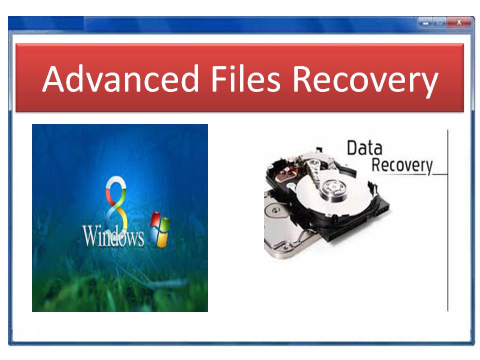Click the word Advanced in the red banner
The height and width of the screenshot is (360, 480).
point(120,78)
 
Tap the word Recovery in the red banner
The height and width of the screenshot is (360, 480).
point(365,81)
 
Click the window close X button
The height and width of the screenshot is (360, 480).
point(459,22)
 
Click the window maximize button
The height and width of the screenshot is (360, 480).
point(439,22)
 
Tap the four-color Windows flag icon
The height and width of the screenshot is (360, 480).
point(160,229)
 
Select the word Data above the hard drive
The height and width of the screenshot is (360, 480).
point(364,148)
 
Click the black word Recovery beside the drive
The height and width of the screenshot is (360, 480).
point(402,165)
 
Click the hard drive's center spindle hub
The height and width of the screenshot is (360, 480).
point(333,188)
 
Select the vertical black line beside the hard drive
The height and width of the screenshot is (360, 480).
point(447,220)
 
